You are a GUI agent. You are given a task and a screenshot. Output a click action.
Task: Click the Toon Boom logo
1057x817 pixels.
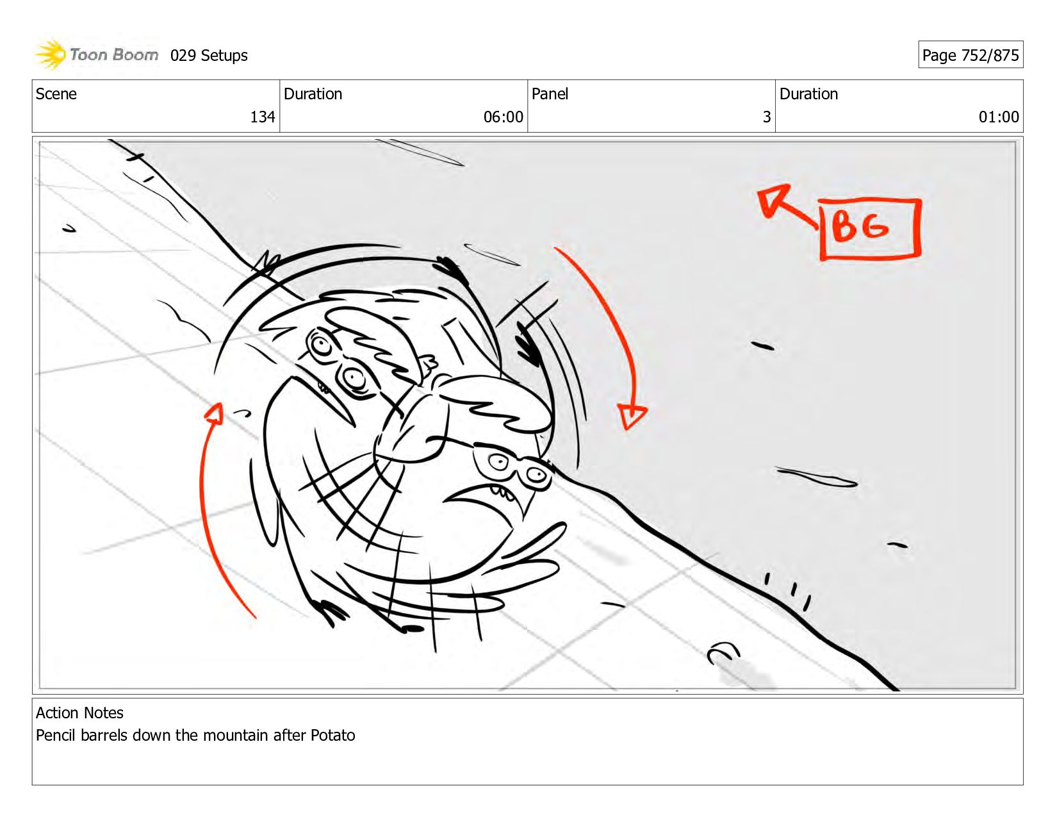96,54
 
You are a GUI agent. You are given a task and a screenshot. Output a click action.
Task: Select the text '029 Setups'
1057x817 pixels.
209,56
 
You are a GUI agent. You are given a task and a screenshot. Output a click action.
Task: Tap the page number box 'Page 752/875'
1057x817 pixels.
971,54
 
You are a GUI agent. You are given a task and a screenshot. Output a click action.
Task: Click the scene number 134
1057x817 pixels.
263,117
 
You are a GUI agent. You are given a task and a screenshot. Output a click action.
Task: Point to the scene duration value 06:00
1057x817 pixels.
503,117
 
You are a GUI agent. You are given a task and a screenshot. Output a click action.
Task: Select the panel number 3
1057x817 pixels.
767,117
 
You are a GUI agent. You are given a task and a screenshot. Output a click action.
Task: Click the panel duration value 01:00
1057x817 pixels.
999,117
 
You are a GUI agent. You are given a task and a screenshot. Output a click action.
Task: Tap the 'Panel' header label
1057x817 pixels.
550,94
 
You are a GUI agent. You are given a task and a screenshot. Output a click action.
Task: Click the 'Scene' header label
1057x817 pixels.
56,94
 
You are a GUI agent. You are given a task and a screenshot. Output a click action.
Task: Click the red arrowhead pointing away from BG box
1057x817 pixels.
773,199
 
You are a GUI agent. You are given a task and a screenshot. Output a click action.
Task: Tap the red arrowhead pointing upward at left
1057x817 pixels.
215,413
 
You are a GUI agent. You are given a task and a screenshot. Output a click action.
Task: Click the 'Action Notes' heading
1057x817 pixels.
79,713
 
